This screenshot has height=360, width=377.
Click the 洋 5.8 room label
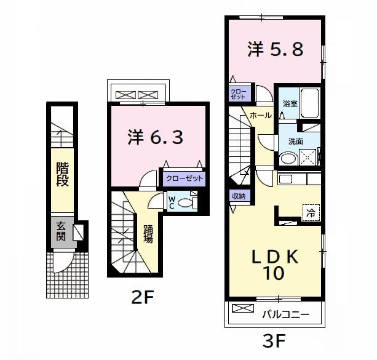276,49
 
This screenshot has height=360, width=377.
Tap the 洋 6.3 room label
156,137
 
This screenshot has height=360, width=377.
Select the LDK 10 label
275,265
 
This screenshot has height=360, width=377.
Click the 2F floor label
142,297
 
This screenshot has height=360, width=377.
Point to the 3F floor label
274,341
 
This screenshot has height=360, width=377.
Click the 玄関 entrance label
61,231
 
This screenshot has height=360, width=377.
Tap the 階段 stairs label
63,174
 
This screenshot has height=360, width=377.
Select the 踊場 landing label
148,234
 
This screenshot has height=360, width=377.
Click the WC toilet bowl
185,203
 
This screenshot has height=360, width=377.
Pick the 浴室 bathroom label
290,104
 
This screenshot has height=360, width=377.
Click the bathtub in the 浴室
310,103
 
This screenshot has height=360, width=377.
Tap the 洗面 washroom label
295,142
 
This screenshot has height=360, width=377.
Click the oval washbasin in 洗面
289,158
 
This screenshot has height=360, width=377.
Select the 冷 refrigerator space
311,212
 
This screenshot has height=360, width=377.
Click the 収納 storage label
239,196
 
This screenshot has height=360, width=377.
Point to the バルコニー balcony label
285,314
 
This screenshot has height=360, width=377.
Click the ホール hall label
261,116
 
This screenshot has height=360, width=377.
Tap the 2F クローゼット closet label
185,178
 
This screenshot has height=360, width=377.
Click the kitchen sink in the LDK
285,179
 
